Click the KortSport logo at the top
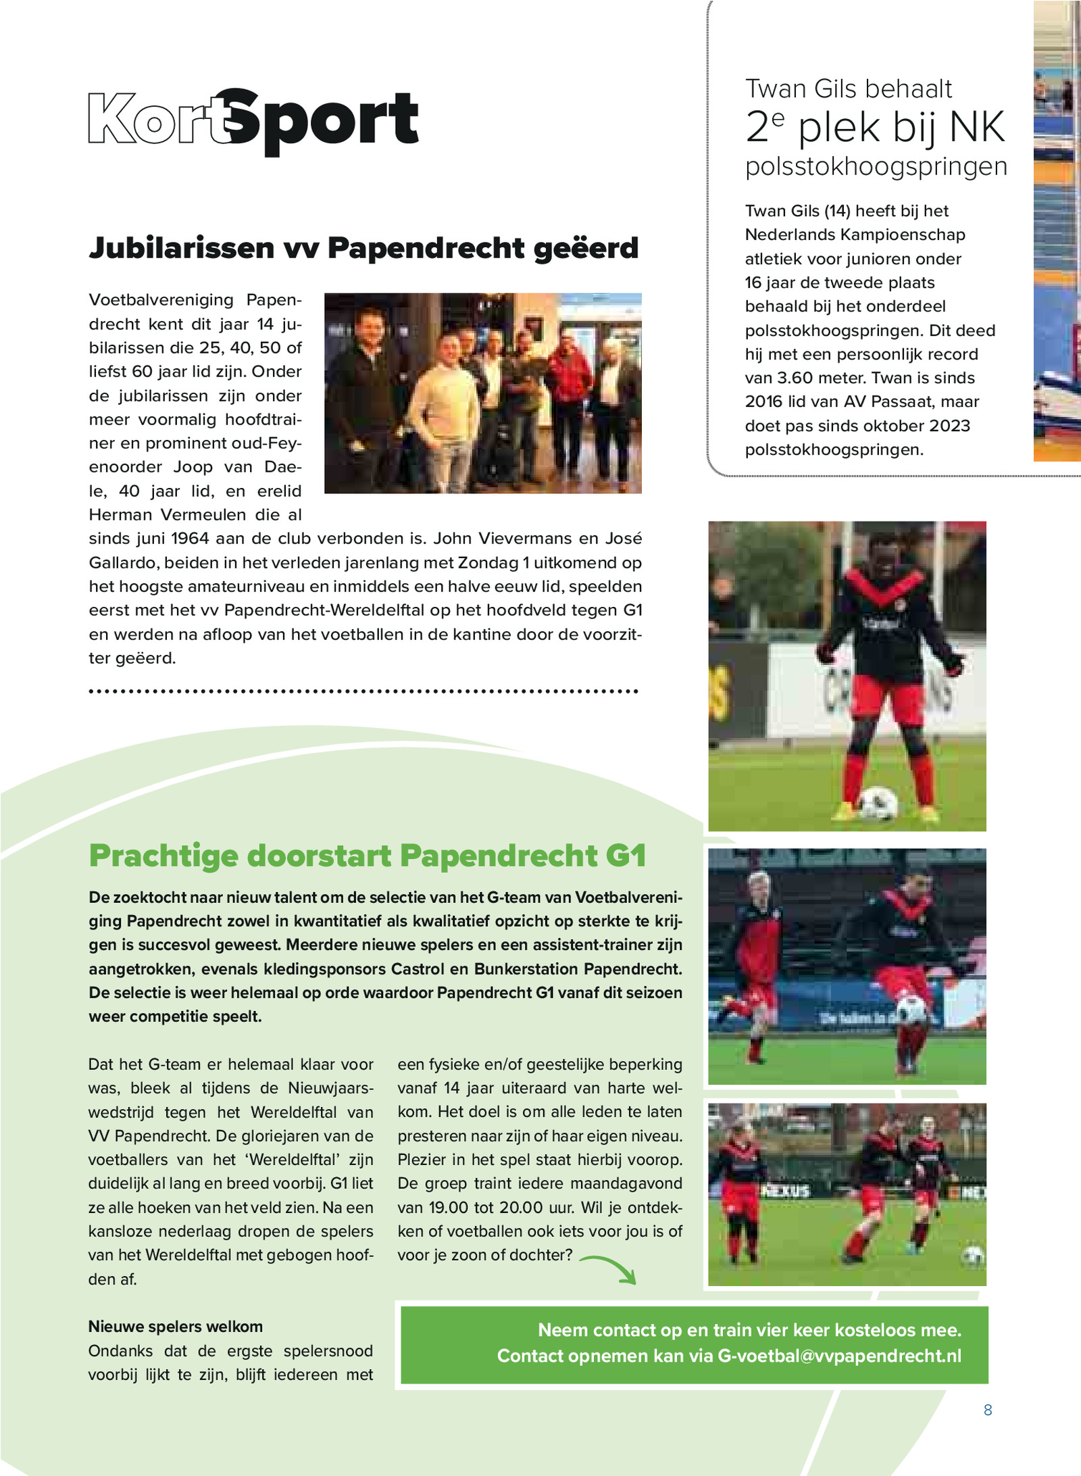pyautogui.click(x=253, y=120)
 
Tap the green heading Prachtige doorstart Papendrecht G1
pyautogui.click(x=367, y=856)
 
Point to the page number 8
pyautogui.click(x=988, y=1410)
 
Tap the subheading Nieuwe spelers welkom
pyautogui.click(x=175, y=1327)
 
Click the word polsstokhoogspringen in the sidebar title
pyautogui.click(x=876, y=166)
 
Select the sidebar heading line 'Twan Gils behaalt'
pyautogui.click(x=848, y=89)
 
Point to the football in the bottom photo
pyautogui.click(x=973, y=1256)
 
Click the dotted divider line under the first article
pyautogui.click(x=363, y=691)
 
